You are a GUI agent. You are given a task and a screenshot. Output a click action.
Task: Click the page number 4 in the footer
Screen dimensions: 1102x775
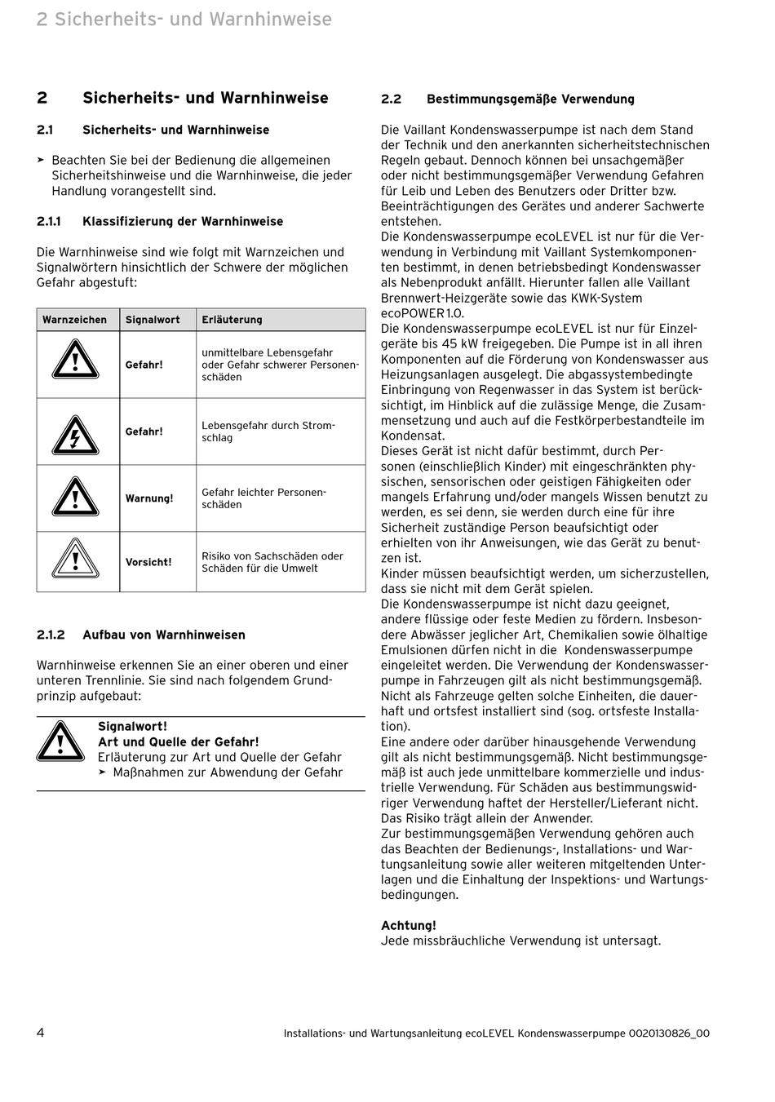(41, 1033)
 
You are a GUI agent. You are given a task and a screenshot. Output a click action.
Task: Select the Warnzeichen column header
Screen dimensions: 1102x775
(74, 320)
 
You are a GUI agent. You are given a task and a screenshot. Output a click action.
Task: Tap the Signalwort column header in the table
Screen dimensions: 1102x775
(153, 320)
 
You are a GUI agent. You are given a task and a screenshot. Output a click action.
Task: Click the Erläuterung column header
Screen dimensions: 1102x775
(232, 320)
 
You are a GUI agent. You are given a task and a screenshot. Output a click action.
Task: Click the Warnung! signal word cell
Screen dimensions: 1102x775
(149, 498)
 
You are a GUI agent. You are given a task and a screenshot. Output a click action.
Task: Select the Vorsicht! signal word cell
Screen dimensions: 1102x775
(148, 562)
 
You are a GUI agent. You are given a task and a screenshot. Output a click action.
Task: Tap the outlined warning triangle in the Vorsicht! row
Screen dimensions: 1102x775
(76, 560)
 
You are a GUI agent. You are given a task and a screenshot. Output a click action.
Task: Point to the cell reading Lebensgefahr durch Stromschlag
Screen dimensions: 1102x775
(268, 432)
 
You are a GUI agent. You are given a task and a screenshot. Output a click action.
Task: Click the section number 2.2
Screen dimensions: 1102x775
(392, 100)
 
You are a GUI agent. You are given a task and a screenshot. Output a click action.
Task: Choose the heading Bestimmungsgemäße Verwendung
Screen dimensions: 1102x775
(530, 100)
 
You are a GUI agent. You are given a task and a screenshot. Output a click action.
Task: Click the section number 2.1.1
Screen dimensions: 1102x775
(49, 222)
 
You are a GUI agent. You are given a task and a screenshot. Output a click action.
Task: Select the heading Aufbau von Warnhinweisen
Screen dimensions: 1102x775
(164, 635)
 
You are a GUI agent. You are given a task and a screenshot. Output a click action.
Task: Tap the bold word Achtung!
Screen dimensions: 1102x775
(409, 926)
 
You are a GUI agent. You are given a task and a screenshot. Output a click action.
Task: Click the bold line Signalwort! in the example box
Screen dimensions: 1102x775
(132, 727)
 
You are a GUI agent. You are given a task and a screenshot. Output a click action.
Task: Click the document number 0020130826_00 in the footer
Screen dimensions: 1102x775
(669, 1033)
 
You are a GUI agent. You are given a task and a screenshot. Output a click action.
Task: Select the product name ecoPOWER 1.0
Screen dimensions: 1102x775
(423, 313)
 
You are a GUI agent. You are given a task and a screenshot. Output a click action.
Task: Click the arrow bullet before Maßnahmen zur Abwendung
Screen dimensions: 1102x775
(103, 772)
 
